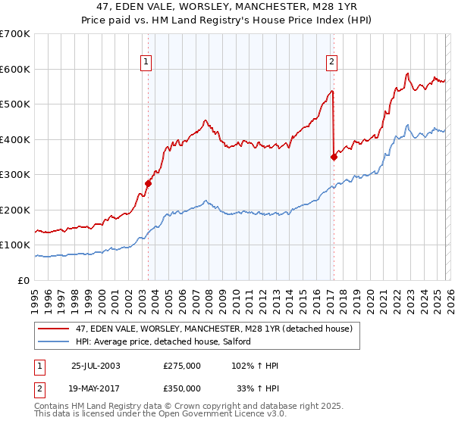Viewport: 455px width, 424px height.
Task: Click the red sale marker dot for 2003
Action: [149, 183]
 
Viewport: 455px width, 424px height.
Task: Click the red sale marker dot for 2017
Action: [334, 157]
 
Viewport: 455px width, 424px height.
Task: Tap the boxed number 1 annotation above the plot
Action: [145, 63]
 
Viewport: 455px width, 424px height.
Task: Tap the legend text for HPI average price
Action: [168, 342]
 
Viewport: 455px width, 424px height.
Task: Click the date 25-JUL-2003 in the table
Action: [96, 366]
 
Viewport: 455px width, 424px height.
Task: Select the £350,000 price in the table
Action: [182, 388]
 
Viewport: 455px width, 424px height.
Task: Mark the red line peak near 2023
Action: [407, 73]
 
